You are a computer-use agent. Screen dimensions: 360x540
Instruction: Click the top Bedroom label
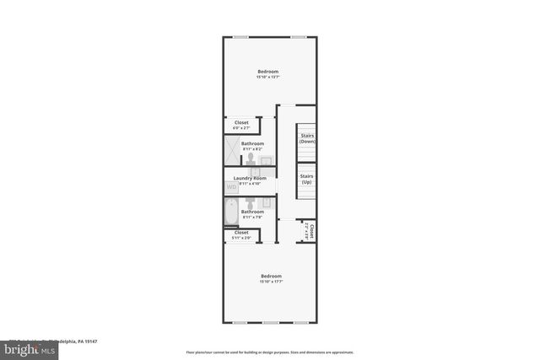[x=268, y=72]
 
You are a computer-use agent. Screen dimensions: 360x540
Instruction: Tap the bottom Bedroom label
[x=271, y=276]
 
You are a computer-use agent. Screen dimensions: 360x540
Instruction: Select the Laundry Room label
[x=250, y=178]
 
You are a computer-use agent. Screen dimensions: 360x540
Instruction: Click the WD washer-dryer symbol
[x=231, y=187]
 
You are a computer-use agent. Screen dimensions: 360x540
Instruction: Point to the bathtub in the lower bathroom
[x=231, y=212]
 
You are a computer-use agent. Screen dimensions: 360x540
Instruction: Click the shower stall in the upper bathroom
[x=231, y=150]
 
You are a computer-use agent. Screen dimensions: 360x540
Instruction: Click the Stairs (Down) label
[x=307, y=138]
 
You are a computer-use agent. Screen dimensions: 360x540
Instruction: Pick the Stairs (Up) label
[x=307, y=180]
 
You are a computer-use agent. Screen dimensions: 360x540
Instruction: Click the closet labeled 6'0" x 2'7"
[x=241, y=125]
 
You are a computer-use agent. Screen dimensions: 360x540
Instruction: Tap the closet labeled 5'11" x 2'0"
[x=241, y=235]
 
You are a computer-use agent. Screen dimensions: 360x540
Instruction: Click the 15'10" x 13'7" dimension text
[x=268, y=78]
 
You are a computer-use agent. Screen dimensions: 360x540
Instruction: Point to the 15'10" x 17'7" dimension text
[x=271, y=282]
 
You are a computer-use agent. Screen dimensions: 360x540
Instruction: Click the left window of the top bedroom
[x=240, y=36]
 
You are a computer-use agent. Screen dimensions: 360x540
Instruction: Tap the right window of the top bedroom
[x=298, y=36]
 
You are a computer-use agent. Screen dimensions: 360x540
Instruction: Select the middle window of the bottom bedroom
[x=270, y=323]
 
